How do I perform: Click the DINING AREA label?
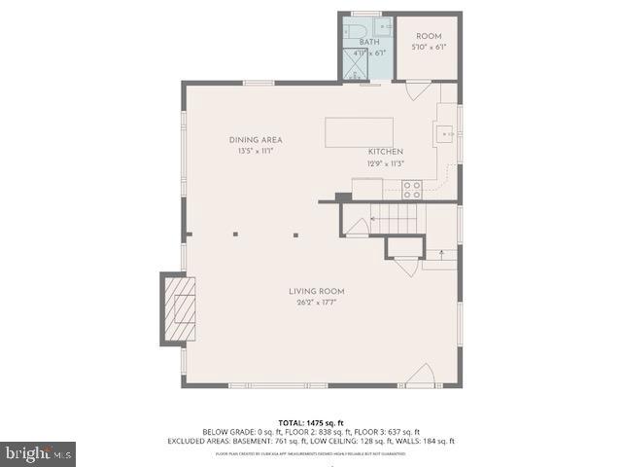(x=256, y=140)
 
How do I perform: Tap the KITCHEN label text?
(x=385, y=152)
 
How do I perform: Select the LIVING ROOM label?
(x=316, y=292)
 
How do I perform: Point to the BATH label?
(x=369, y=43)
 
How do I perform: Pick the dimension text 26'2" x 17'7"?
(x=316, y=303)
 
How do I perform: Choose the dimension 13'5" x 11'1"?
(x=256, y=151)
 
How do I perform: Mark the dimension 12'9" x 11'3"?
(x=386, y=163)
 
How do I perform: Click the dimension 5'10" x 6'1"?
(x=429, y=46)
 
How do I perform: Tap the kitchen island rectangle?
(x=360, y=131)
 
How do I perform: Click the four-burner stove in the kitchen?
(x=412, y=190)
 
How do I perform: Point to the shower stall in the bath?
(x=350, y=63)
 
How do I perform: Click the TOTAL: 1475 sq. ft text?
(x=311, y=422)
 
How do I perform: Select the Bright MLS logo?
(x=39, y=452)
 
